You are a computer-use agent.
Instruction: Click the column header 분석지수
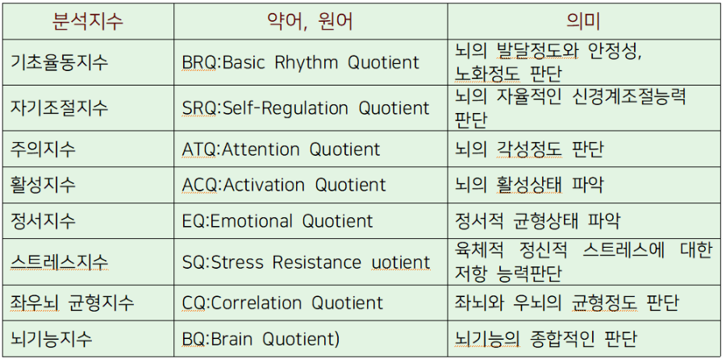click(x=88, y=21)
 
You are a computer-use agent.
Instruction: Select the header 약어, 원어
click(x=311, y=21)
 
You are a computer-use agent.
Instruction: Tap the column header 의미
click(x=583, y=21)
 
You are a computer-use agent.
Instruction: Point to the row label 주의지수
click(x=43, y=149)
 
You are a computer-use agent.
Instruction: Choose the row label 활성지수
click(x=43, y=185)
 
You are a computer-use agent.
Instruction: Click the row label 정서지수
click(x=43, y=220)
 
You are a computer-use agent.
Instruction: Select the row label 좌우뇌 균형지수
click(x=73, y=303)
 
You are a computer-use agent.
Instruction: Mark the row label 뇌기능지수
click(x=51, y=339)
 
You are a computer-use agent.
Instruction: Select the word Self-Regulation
click(x=286, y=108)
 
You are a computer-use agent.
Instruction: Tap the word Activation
click(x=264, y=186)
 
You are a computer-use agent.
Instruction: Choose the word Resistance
click(x=317, y=262)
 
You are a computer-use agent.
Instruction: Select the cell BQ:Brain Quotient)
click(x=261, y=339)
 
